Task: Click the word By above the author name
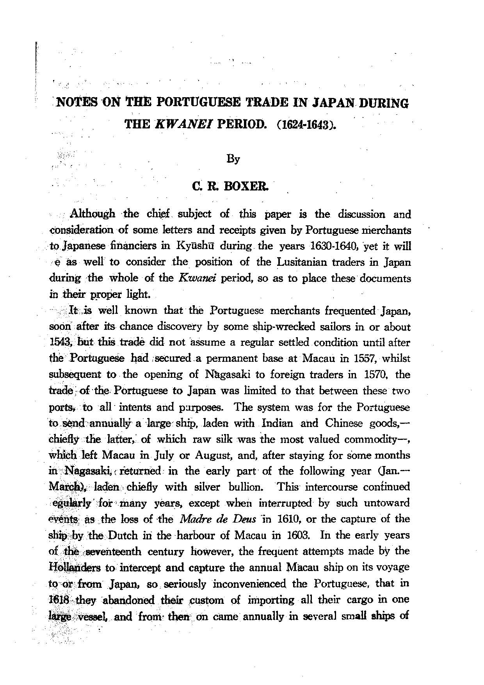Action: [x=233, y=159]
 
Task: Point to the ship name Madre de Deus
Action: [x=218, y=519]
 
